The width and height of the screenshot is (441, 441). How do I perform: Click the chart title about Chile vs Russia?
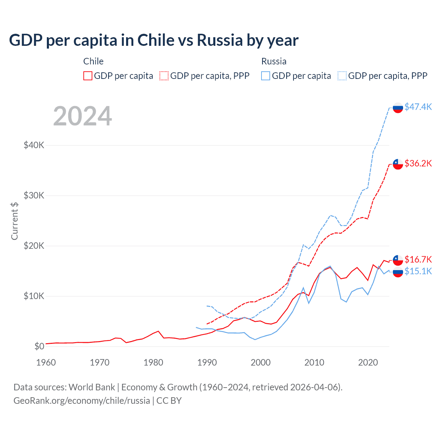(x=154, y=40)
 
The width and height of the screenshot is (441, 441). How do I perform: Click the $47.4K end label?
(x=418, y=107)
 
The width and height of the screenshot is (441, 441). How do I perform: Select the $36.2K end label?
(x=418, y=163)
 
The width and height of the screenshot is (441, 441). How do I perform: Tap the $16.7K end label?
(x=418, y=259)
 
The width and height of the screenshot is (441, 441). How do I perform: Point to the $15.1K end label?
(x=418, y=271)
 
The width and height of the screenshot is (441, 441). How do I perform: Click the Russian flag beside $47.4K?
(x=398, y=107)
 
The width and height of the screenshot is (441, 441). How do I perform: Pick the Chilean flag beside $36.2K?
(x=398, y=164)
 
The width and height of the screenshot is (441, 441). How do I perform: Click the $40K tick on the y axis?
(x=34, y=145)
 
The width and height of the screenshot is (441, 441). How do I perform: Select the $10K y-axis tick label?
(x=34, y=296)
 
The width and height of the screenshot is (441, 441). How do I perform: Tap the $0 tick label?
(x=39, y=346)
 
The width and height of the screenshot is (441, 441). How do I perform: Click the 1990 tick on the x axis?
(x=207, y=362)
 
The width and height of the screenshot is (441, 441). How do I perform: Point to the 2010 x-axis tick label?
(x=314, y=362)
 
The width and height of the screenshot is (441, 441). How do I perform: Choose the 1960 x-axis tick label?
(x=46, y=362)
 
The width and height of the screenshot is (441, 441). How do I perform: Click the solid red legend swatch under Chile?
(x=88, y=76)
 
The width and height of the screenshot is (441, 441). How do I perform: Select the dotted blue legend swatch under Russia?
(x=342, y=76)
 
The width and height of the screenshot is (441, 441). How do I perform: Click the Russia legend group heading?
(x=274, y=61)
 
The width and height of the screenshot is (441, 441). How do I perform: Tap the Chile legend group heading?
(x=93, y=61)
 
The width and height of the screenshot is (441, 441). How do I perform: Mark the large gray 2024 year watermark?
(x=83, y=116)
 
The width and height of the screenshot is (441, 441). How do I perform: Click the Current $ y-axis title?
(x=14, y=221)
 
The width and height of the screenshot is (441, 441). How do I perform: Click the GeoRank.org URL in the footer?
(x=82, y=401)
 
